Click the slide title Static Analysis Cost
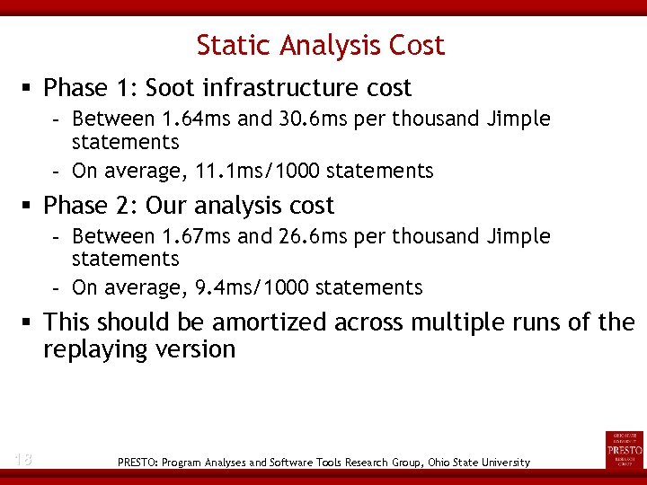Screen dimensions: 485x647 tap(321, 45)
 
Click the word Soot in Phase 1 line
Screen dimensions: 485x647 tap(171, 88)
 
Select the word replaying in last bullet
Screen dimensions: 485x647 tap(94, 349)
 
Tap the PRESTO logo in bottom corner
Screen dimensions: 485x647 tap(625, 449)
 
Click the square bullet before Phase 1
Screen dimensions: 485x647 tap(29, 89)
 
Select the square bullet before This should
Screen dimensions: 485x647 tap(29, 322)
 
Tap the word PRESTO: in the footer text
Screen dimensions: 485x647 tap(138, 463)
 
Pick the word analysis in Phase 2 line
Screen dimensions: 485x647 tap(238, 206)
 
